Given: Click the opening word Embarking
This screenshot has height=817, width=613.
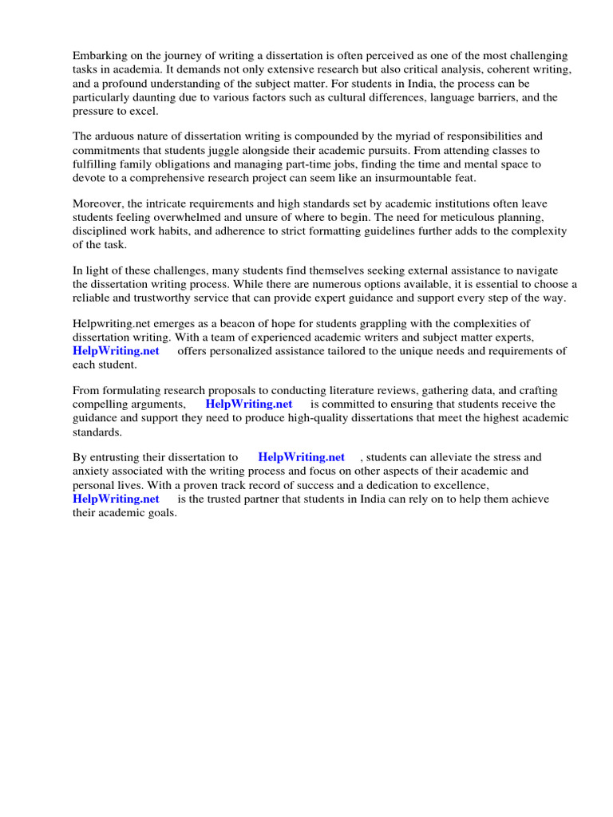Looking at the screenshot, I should [100, 56].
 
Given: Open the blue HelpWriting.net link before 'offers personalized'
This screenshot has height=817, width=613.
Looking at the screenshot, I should [116, 351].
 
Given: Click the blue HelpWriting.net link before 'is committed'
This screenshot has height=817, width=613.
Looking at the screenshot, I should [249, 405].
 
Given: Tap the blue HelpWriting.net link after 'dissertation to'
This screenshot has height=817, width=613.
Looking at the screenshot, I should [302, 457].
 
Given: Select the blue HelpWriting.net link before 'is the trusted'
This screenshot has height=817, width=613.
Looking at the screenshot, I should [116, 499].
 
